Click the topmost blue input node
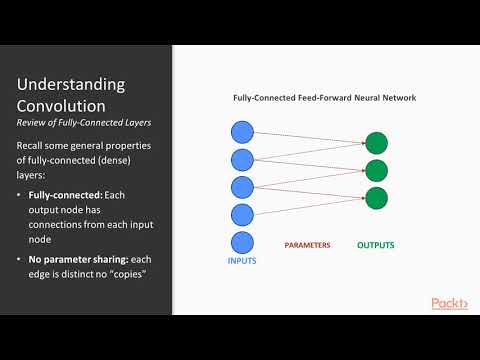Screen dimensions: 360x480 (243, 131)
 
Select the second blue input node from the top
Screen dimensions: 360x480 (243, 159)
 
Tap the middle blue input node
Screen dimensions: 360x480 (243, 187)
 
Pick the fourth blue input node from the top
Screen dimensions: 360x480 (243, 214)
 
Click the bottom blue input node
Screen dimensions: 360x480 (243, 242)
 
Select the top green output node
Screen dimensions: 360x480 (376, 143)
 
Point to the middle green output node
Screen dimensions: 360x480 (376, 170)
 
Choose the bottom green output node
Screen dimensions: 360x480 (376, 197)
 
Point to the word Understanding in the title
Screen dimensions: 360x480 (70, 84)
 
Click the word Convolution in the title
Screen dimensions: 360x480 (61, 106)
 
